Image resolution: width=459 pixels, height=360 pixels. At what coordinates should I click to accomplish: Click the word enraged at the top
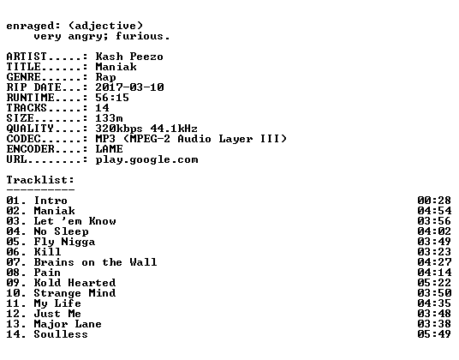pos(30,26)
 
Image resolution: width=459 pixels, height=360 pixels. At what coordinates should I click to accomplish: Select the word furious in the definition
pos(139,36)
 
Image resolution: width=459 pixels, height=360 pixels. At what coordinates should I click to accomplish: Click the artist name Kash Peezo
pos(129,57)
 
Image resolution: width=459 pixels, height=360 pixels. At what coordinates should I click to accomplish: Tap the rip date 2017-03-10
pos(129,87)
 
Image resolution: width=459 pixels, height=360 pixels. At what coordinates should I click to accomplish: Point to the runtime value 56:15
pos(112,97)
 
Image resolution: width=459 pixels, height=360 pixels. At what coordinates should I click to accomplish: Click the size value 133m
pos(109,117)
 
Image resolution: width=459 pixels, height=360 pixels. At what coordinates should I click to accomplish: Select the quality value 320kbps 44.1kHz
pos(146,128)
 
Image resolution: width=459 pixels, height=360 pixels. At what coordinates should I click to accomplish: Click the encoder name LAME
pos(109,148)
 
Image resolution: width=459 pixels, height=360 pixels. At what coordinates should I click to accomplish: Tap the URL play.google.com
pos(146,160)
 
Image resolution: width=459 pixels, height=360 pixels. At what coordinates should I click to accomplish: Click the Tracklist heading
pos(40,179)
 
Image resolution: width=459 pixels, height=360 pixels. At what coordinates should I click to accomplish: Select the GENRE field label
pos(23,77)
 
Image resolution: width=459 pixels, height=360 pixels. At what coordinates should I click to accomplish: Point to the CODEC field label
pos(23,138)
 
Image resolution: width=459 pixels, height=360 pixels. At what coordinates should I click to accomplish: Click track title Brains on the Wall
pos(95,261)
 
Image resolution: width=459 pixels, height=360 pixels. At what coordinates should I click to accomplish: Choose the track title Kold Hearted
pos(75,282)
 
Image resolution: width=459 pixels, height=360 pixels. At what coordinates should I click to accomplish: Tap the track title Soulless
pos(61,333)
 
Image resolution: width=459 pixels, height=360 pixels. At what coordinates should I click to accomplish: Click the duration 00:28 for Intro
pos(434,200)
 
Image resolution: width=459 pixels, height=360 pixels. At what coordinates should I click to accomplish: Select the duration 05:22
pos(434,282)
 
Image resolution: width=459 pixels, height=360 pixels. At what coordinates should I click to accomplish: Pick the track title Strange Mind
pos(75,292)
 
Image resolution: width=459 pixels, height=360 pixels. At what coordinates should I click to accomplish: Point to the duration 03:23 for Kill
pos(434,251)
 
